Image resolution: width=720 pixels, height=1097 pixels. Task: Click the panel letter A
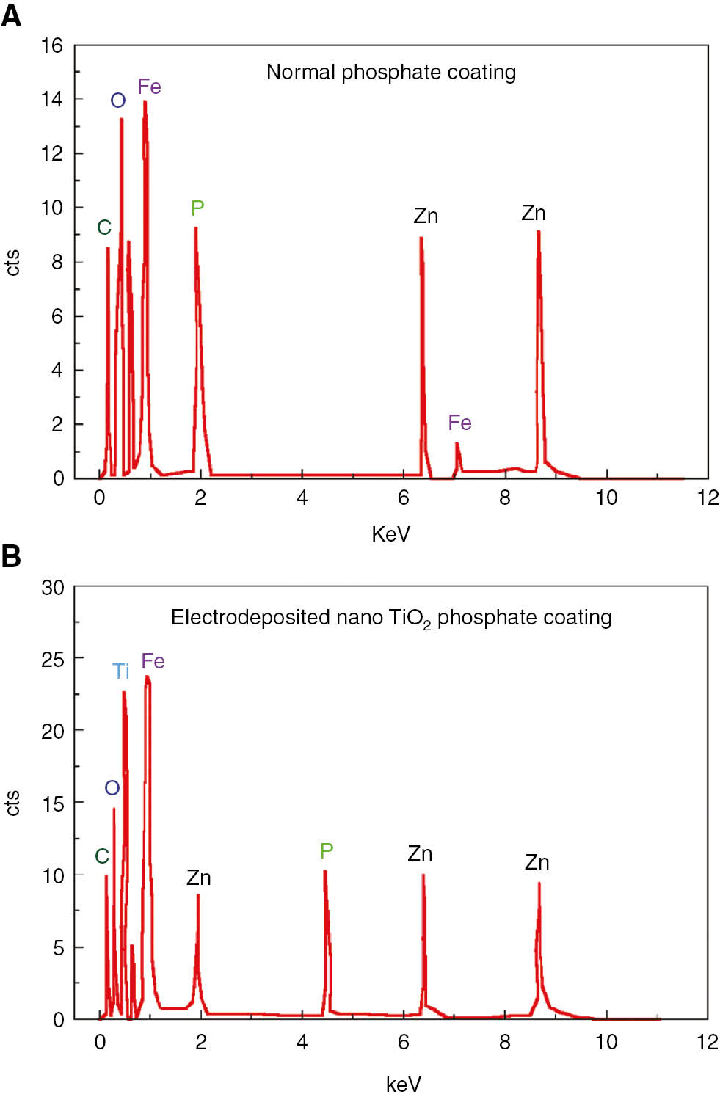tap(11, 14)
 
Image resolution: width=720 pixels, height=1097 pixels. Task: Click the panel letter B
tap(11, 555)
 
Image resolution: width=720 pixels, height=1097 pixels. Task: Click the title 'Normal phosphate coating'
tap(390, 72)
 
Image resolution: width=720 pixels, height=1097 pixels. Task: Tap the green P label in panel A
tap(197, 208)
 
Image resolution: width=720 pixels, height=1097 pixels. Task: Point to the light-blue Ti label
tap(121, 671)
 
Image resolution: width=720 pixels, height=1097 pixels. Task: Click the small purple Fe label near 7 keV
tap(459, 423)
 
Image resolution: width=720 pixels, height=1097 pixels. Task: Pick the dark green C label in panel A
tap(104, 227)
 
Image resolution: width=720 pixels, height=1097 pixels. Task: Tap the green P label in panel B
tap(327, 850)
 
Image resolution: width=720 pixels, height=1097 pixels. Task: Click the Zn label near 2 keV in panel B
tap(199, 878)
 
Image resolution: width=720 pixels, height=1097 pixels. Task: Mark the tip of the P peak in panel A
tap(195, 228)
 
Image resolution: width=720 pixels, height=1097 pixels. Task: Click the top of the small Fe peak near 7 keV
tap(457, 443)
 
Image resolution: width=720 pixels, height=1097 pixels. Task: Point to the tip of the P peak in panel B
tap(324, 871)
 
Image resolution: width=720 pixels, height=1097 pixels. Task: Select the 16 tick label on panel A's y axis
tap(52, 46)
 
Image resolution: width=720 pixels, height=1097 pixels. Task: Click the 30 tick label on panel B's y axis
tap(52, 587)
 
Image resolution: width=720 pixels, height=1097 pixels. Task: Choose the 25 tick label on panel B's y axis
tap(52, 659)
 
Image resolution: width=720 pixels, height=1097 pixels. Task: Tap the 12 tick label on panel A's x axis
tap(708, 498)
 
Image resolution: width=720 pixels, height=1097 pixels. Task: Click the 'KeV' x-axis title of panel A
tap(390, 533)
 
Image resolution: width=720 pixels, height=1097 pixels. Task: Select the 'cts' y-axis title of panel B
tap(12, 803)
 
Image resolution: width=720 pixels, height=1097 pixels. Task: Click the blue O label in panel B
tap(112, 788)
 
